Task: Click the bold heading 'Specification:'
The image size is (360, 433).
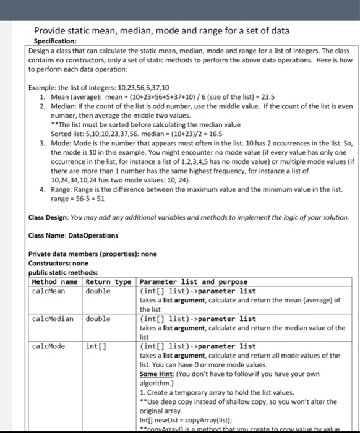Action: [54, 41]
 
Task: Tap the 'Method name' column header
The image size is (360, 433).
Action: [55, 282]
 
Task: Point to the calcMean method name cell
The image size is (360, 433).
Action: [48, 291]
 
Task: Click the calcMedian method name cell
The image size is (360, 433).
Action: [53, 319]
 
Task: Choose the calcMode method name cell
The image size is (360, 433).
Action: [48, 346]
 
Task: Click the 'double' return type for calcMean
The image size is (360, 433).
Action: [98, 291]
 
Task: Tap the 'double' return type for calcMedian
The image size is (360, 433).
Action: [98, 319]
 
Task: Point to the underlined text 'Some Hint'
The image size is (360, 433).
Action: [158, 374]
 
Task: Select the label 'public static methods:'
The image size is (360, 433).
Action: [63, 272]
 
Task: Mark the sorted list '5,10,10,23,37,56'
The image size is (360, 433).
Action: [109, 133]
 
